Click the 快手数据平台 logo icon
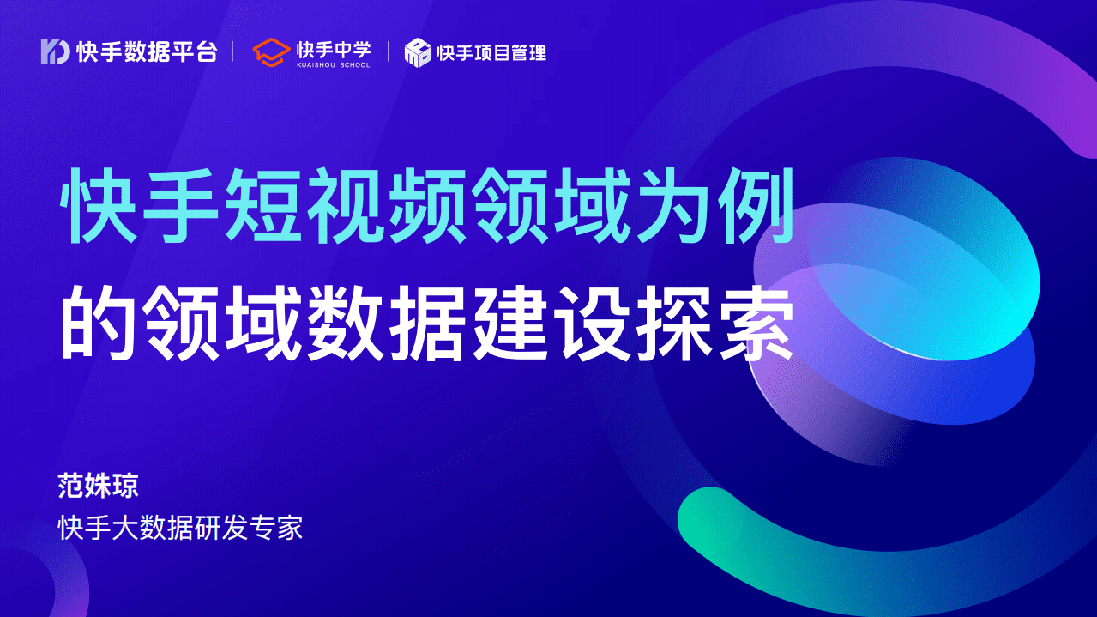coord(55,51)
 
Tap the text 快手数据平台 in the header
coord(147,52)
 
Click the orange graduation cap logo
coord(271,51)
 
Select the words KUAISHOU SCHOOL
coord(333,64)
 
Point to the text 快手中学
coord(333,48)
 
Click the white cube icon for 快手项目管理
coord(418,52)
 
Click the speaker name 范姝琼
coord(98,487)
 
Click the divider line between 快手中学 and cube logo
coord(388,52)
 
